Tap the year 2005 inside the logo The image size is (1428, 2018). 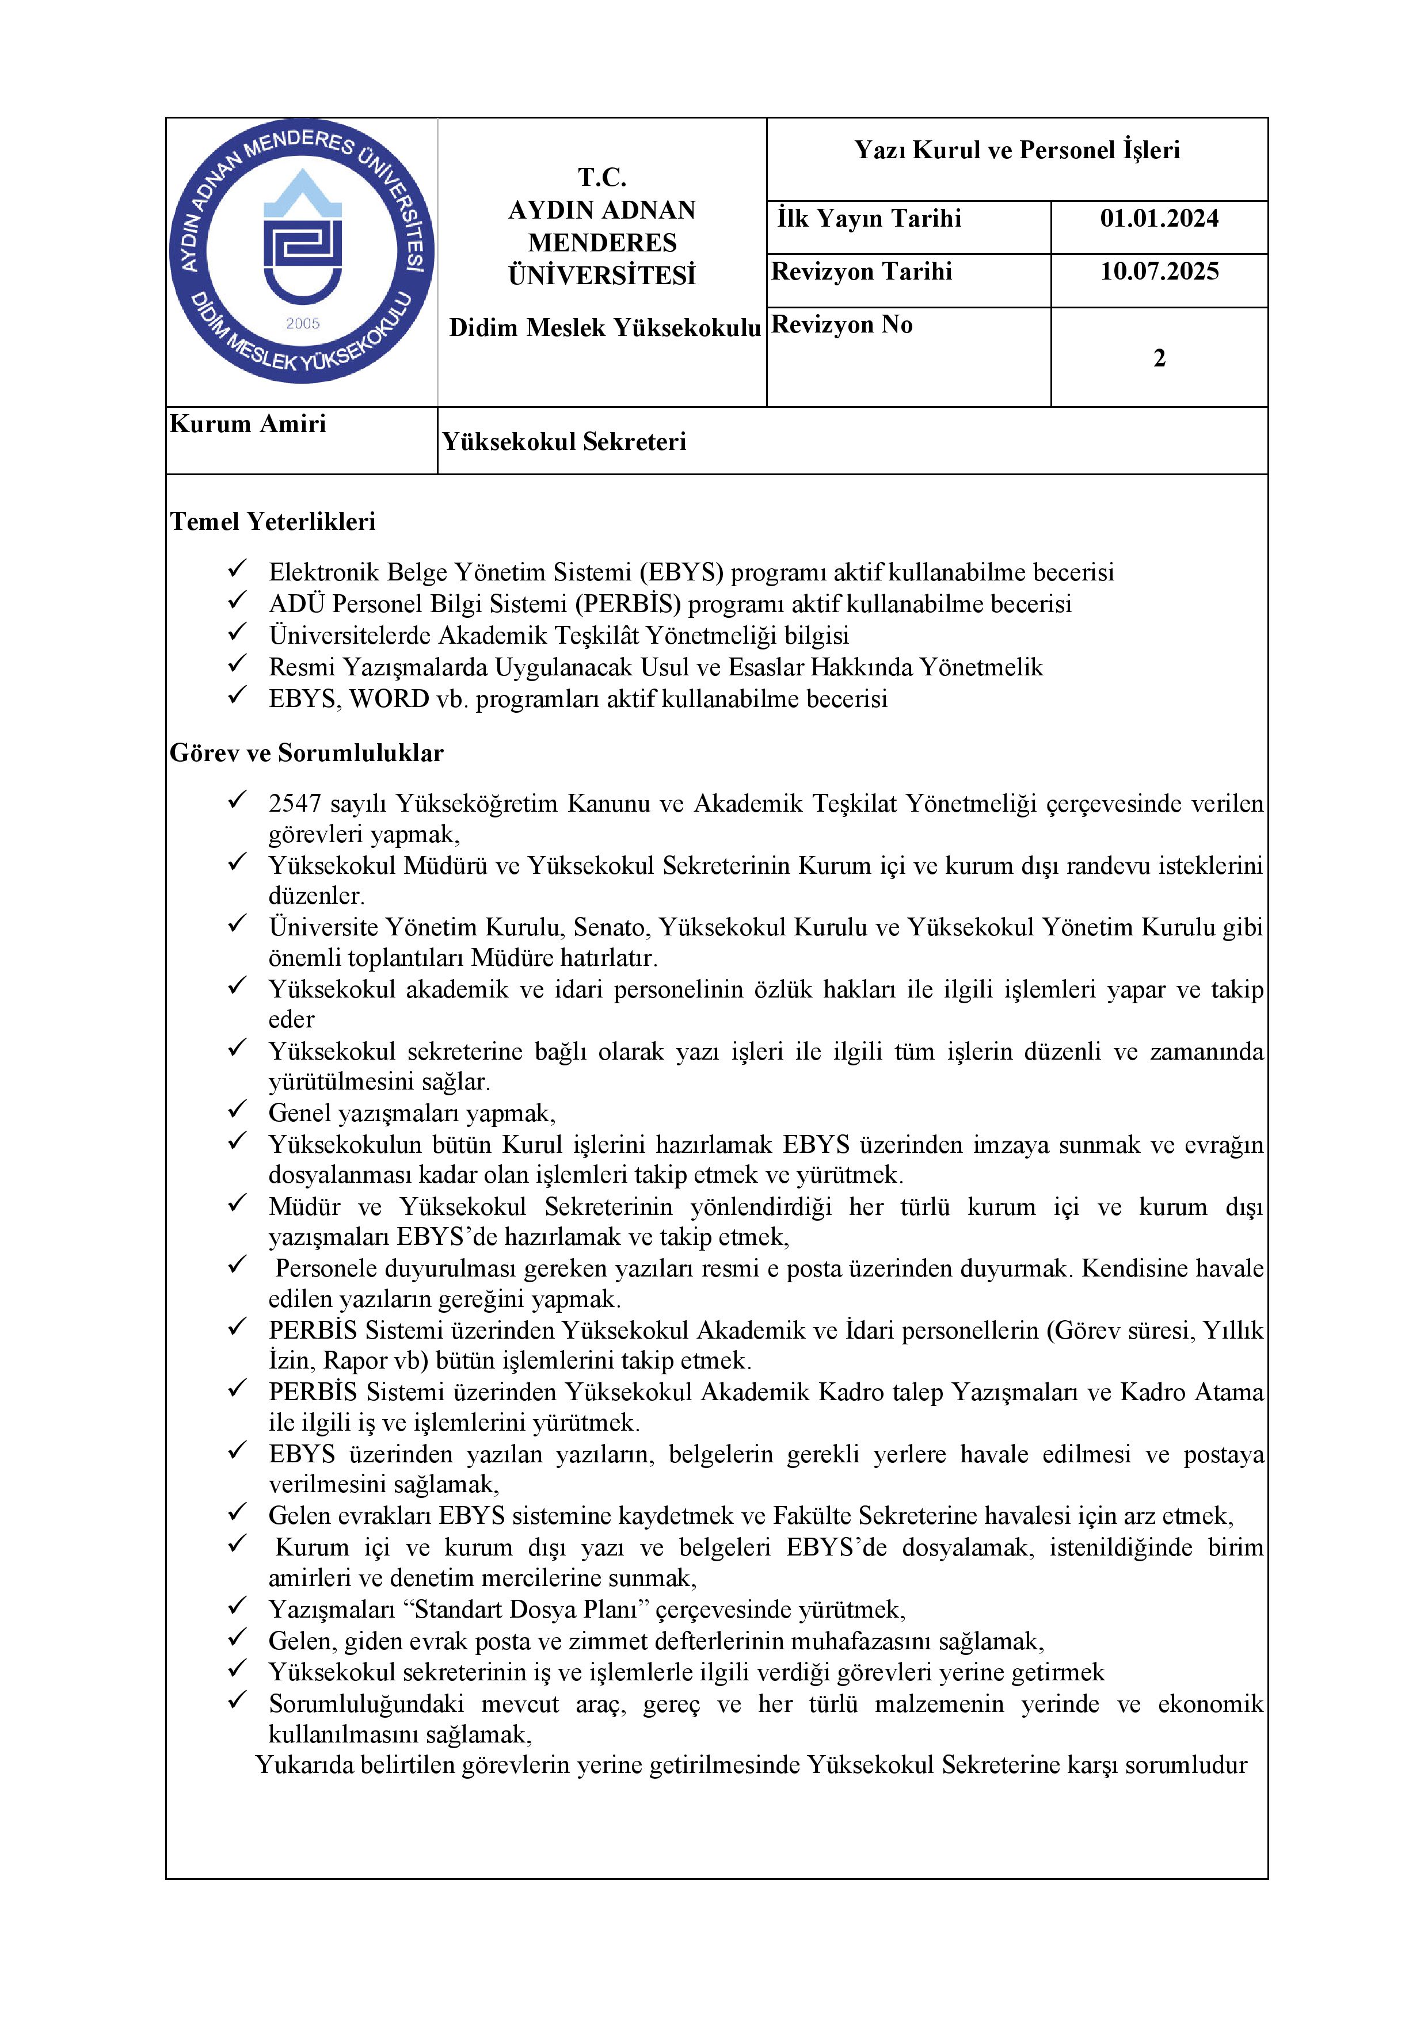pyautogui.click(x=303, y=323)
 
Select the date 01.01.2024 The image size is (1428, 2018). pyautogui.click(x=1159, y=219)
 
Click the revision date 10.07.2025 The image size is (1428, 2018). pyautogui.click(x=1159, y=272)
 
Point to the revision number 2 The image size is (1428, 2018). pyautogui.click(x=1159, y=358)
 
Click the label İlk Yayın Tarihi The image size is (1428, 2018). pyautogui.click(x=869, y=219)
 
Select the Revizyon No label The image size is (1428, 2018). pyautogui.click(x=841, y=325)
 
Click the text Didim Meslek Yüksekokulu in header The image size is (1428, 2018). pyautogui.click(x=604, y=328)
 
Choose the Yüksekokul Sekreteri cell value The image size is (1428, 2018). pyautogui.click(x=563, y=441)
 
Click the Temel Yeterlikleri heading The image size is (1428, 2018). pyautogui.click(x=273, y=522)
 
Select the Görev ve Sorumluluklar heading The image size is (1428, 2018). pyautogui.click(x=306, y=753)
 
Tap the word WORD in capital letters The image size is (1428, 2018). pyautogui.click(x=389, y=699)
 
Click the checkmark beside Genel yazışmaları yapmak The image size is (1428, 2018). pyautogui.click(x=237, y=1110)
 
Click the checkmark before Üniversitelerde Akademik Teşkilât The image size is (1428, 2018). pyautogui.click(x=237, y=632)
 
